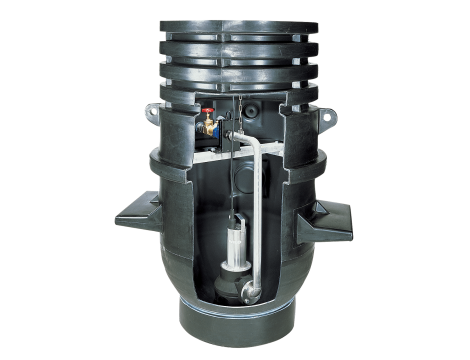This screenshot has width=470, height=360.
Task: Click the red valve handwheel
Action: coord(207,113)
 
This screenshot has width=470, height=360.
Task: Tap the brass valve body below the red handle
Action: coord(209,128)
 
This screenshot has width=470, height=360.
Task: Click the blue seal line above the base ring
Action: coord(237,316)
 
